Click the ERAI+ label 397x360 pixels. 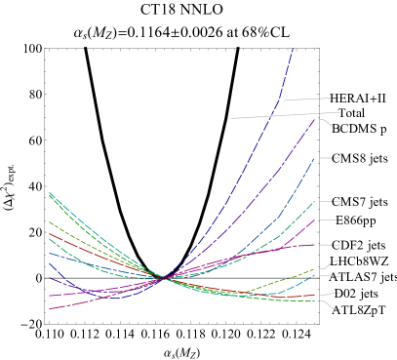pyautogui.click(x=358, y=99)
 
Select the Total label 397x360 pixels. pyautogui.click(x=351, y=113)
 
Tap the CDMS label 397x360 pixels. pyautogui.click(x=358, y=128)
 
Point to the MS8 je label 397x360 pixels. pyautogui.click(x=359, y=158)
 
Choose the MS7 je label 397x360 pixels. pyautogui.click(x=359, y=202)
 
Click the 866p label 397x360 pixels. pyautogui.click(x=355, y=220)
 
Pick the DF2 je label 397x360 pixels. pyautogui.click(x=358, y=245)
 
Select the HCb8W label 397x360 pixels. pyautogui.click(x=360, y=261)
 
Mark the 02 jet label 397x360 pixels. pyautogui.click(x=356, y=294)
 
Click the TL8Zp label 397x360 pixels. pyautogui.click(x=358, y=310)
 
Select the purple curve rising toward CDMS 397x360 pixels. pyautogui.click(x=283, y=166)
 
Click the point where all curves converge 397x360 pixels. pyautogui.click(x=165, y=278)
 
